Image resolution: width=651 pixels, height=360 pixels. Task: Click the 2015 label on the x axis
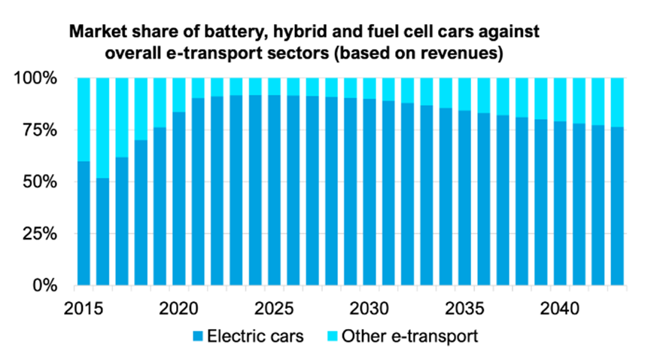tap(84, 310)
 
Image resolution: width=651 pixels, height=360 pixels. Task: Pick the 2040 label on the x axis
tap(561, 310)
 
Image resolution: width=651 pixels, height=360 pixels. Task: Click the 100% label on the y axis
tap(35, 78)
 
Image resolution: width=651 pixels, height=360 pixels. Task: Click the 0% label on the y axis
tap(44, 286)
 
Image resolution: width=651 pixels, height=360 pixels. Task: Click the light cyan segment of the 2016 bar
tap(103, 127)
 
